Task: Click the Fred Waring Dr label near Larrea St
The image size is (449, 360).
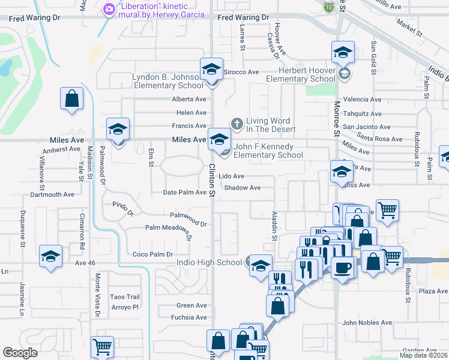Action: [243, 18]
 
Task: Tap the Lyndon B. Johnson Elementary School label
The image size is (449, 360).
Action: [167, 82]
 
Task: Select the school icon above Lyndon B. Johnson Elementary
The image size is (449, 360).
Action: [212, 69]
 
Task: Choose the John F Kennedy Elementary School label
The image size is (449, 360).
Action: [268, 150]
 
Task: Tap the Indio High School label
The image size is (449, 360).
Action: [209, 262]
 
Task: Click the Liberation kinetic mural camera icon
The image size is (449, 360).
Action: [109, 9]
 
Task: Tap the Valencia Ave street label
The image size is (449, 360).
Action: [362, 100]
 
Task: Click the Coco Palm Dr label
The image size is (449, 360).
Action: [152, 254]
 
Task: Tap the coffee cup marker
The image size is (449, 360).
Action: [343, 268]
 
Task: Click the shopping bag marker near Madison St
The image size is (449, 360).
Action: [71, 99]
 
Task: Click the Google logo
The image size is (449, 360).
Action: [20, 353]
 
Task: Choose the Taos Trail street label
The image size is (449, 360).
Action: [124, 297]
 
